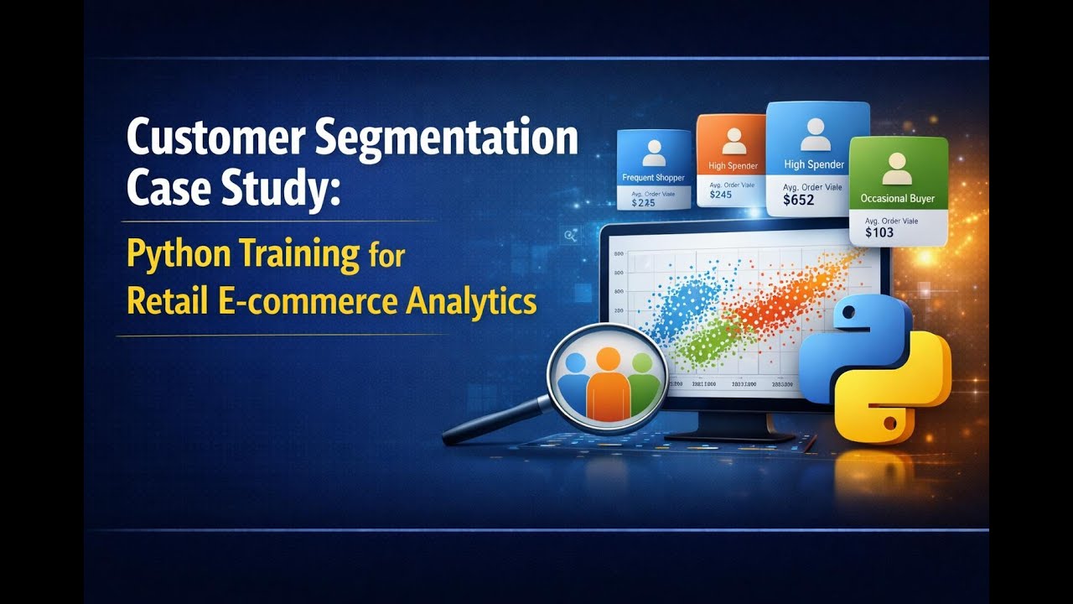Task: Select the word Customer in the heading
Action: click(216, 138)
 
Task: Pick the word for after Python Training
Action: click(386, 255)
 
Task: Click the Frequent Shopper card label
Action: click(653, 178)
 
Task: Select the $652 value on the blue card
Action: click(798, 200)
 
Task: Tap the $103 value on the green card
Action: click(879, 232)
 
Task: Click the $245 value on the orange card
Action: click(721, 195)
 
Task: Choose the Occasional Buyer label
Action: click(897, 199)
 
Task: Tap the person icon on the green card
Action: click(898, 168)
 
